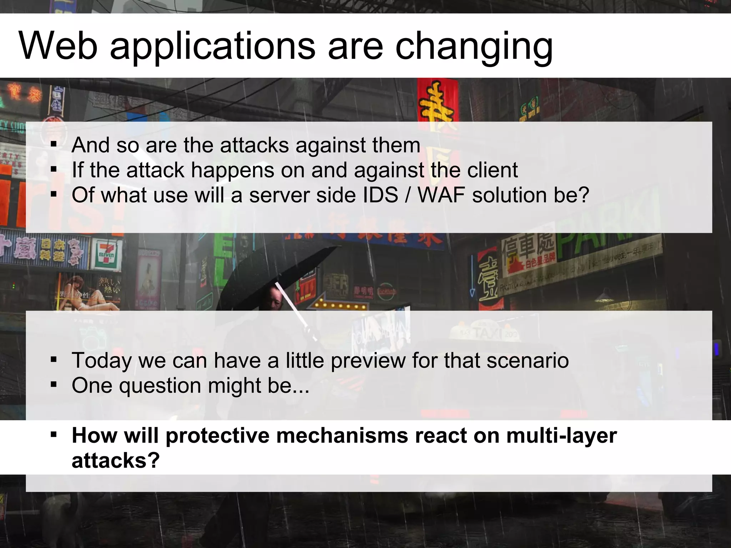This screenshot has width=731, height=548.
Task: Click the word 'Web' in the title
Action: coord(58,46)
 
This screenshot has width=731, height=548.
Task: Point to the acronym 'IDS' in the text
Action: coord(380,195)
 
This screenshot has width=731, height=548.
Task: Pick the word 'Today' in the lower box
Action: coord(102,360)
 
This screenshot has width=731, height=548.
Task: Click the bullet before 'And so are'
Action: coord(54,145)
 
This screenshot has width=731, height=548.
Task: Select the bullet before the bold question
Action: coord(54,435)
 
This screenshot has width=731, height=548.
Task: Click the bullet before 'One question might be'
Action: coord(54,385)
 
